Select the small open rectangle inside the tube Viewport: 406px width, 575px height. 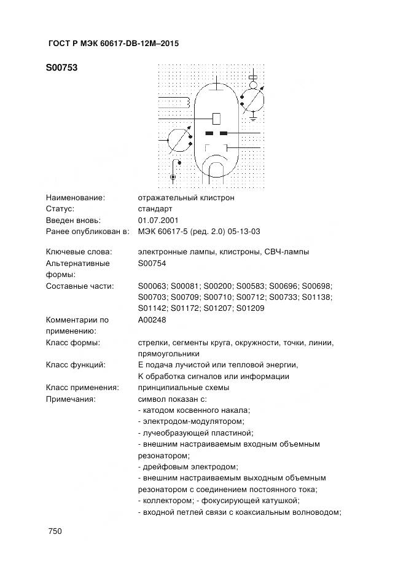coord(216,117)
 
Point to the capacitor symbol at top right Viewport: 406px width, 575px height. coord(253,79)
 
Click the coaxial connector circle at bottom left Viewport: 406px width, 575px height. coord(173,178)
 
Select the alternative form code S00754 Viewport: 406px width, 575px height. coord(152,263)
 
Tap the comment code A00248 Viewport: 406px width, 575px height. coord(152,319)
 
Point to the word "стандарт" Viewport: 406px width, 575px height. coord(155,209)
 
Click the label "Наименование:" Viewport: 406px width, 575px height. coord(76,198)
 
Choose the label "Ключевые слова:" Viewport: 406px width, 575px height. coord(79,252)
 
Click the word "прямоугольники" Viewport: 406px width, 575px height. coord(169,354)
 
